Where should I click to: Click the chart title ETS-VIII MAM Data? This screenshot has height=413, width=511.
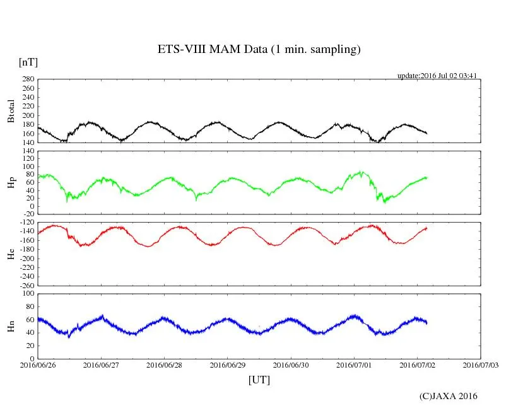point(259,50)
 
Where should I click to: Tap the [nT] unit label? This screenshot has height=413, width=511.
point(28,62)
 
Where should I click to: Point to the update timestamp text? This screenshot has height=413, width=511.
point(436,76)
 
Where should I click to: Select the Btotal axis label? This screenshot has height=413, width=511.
point(11,111)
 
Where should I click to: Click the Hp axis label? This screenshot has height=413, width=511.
point(11,183)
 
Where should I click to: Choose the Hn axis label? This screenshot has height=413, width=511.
point(11,326)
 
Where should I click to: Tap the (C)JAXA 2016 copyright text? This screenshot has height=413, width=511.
point(449,396)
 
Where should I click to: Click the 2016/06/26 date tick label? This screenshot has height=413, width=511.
point(38,364)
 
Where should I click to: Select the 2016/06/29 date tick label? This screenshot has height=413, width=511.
point(228,364)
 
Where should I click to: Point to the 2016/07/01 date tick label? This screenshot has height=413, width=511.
point(355,364)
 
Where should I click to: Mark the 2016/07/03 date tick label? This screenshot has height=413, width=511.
point(481,364)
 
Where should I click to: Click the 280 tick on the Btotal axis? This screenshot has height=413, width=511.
point(27,79)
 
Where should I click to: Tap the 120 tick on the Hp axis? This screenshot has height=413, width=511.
point(27,151)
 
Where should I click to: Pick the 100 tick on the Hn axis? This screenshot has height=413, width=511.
point(27,293)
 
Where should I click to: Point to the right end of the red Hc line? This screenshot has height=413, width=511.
point(427,228)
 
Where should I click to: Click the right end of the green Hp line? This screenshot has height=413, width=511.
point(427,177)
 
